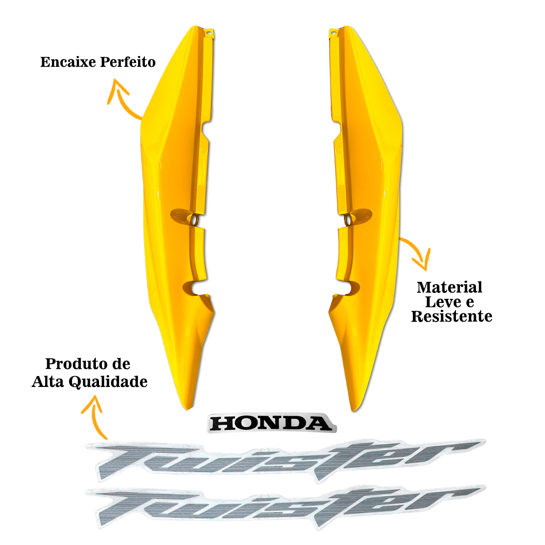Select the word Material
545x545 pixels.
450,287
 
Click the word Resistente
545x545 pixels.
451,317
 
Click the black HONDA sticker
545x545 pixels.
271,423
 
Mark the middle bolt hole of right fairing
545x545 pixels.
348,220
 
